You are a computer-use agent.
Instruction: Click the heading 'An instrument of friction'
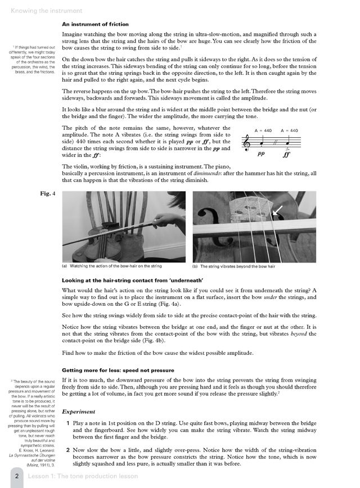95,24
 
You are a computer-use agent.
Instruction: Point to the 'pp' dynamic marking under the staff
261,152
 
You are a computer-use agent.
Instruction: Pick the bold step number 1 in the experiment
68,422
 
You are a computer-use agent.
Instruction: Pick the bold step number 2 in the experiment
68,450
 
